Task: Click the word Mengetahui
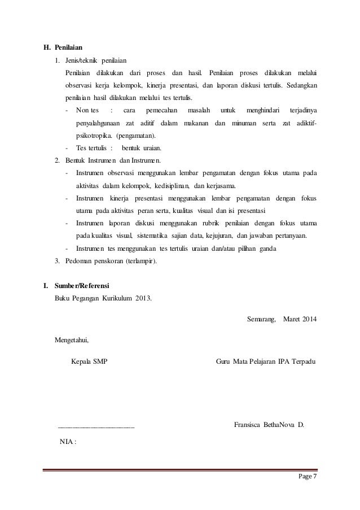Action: click(72, 341)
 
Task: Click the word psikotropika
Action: click(94, 136)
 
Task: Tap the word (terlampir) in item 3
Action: click(141, 261)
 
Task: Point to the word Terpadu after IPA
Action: click(304, 361)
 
